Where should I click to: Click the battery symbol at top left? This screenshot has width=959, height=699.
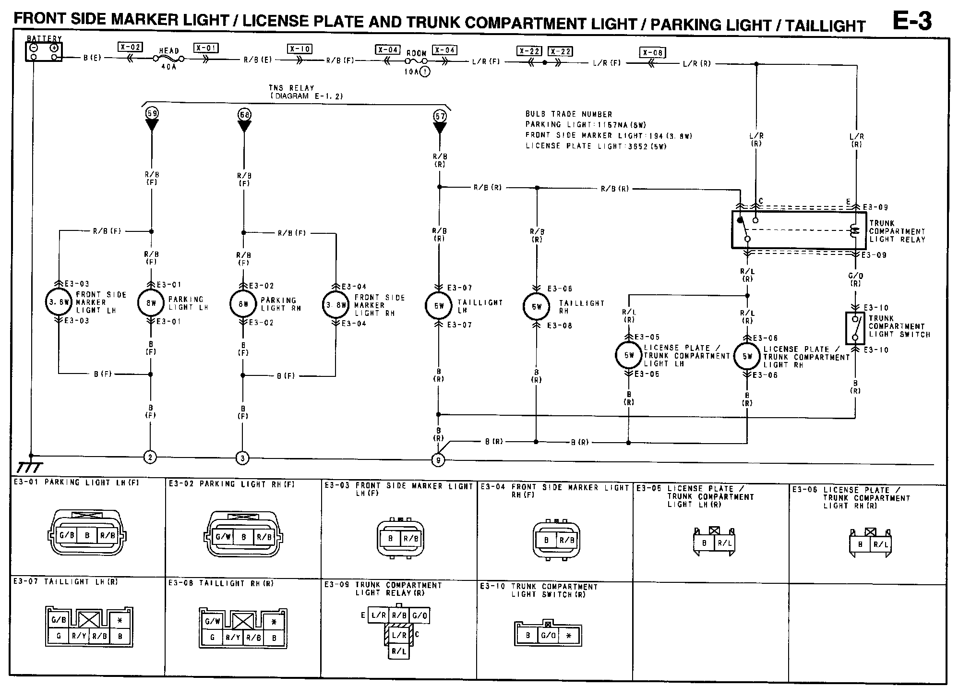tap(44, 52)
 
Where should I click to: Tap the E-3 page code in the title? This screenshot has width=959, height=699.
tap(911, 21)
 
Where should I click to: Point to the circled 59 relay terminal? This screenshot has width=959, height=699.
tap(152, 114)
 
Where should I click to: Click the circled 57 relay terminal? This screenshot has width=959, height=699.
tap(440, 115)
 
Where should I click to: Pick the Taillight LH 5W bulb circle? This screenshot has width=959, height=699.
tap(439, 306)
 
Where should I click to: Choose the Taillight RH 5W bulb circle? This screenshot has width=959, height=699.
tap(536, 306)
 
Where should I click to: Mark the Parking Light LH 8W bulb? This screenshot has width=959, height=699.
tap(151, 303)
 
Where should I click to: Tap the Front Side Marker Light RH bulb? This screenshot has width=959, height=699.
tap(336, 304)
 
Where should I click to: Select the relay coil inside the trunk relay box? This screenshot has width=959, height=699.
tap(854, 231)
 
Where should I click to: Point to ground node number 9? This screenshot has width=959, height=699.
tap(438, 460)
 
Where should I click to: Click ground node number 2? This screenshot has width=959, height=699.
tap(150, 457)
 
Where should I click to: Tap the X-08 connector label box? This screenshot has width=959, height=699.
tap(652, 52)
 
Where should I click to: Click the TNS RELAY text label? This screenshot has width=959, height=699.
tap(291, 88)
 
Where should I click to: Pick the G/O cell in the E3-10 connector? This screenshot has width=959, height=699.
tap(548, 636)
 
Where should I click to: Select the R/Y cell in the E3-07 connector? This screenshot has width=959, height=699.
tap(79, 637)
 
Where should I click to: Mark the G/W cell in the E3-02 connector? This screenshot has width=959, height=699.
tap(223, 536)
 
